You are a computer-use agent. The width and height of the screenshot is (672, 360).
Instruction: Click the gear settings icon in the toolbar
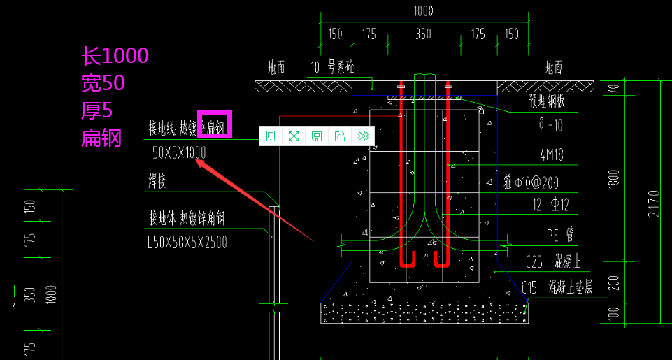click(x=362, y=136)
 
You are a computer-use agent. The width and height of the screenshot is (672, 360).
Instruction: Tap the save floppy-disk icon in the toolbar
click(x=317, y=136)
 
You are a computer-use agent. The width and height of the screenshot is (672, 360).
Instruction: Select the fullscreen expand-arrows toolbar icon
click(x=294, y=136)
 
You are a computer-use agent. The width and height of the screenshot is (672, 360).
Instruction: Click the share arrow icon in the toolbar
click(x=340, y=136)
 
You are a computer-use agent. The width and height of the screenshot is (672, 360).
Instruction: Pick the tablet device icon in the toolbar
click(x=271, y=136)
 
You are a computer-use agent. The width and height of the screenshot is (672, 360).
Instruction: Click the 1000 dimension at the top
click(x=423, y=11)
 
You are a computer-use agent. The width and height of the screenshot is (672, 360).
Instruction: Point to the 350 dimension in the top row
click(x=423, y=34)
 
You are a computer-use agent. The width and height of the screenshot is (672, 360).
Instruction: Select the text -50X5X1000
click(x=177, y=152)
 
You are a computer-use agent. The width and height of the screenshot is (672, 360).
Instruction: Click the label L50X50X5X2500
click(x=187, y=243)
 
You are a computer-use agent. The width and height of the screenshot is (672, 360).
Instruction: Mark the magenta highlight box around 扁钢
click(x=214, y=124)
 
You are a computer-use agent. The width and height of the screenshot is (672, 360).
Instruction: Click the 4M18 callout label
click(x=552, y=154)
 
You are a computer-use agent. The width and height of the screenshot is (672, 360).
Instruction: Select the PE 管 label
click(x=561, y=235)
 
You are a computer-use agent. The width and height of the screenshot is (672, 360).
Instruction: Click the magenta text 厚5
click(x=96, y=110)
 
